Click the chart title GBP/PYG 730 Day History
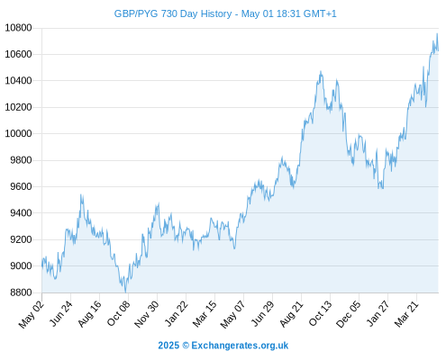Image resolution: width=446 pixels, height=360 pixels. [x=173, y=13]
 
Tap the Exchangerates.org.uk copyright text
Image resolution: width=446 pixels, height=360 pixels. [x=223, y=346]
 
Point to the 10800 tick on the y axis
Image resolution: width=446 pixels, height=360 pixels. [x=18, y=28]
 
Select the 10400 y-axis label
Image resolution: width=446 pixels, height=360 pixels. [x=18, y=81]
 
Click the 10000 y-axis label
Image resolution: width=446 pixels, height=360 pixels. [x=18, y=133]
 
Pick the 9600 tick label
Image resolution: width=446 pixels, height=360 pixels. [x=21, y=186]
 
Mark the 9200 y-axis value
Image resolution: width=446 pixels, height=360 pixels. [x=21, y=239]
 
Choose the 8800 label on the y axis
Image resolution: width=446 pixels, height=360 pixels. [x=21, y=292]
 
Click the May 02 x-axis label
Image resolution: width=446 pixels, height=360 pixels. [x=32, y=314]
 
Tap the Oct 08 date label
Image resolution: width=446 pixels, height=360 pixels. [x=119, y=313]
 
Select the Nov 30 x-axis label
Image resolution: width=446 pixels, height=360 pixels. [x=147, y=314]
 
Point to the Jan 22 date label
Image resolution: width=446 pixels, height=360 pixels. [x=177, y=313]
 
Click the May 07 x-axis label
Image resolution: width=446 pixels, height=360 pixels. [x=233, y=314]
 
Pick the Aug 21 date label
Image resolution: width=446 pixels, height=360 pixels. [x=292, y=313]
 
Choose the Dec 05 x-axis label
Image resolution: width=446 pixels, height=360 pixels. [x=349, y=314]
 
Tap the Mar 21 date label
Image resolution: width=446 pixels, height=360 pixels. [x=406, y=313]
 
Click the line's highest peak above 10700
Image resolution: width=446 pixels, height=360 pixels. [x=437, y=33]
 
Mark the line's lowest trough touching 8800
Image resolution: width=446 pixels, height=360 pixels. [x=125, y=292]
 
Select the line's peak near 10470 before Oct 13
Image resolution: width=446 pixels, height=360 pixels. [x=321, y=71]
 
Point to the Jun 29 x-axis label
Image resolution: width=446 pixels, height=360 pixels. [x=262, y=313]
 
